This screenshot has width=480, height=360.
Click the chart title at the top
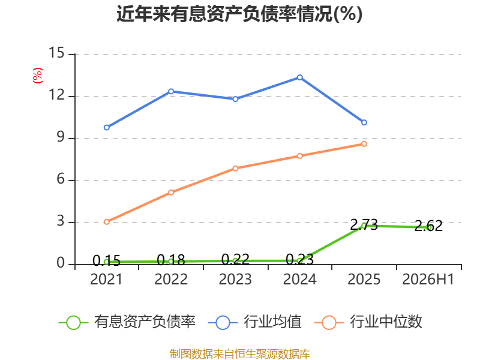click(239, 14)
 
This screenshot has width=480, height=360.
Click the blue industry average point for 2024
click(299, 77)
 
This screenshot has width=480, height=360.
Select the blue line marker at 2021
click(107, 127)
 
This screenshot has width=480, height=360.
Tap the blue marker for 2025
click(364, 122)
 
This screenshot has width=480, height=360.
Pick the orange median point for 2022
click(171, 192)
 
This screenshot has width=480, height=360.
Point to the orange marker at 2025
click(364, 144)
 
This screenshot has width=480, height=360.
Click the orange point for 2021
click(107, 221)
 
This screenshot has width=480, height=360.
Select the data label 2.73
click(364, 225)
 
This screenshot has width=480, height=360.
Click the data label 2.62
click(428, 226)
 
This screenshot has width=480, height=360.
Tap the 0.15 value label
click(107, 261)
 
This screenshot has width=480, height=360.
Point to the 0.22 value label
click(235, 260)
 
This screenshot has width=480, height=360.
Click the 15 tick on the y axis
click(57, 53)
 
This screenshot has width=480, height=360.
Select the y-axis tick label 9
click(61, 137)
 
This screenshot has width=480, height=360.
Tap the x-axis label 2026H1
click(428, 279)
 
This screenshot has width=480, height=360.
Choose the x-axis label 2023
click(235, 279)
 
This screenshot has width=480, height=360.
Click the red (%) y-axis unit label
click(38, 76)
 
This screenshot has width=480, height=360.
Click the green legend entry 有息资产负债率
click(127, 322)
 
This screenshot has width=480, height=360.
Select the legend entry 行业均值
click(254, 322)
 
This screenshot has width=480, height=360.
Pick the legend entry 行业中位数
click(368, 322)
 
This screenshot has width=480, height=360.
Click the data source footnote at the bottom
click(240, 354)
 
